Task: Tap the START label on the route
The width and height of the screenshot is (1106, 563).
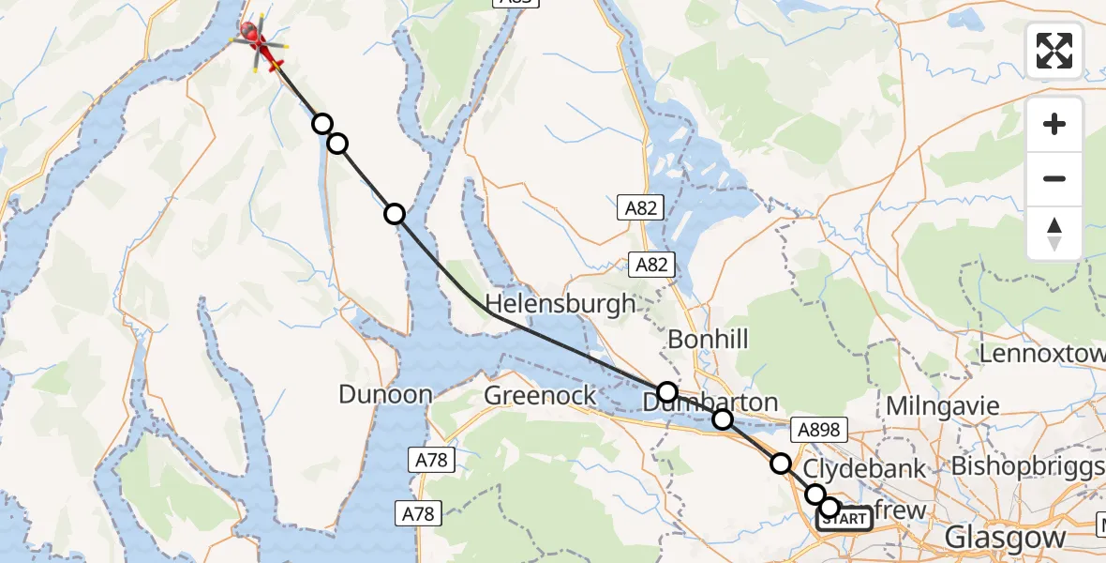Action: [845, 519]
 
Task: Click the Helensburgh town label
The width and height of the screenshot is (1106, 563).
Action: [560, 304]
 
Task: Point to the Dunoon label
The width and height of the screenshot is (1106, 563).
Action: [385, 394]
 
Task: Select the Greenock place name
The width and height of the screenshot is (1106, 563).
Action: [540, 396]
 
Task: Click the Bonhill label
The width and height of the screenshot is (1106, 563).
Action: [708, 339]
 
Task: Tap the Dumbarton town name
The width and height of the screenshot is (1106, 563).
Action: [697, 403]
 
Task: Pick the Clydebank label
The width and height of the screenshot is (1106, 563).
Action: [852, 468]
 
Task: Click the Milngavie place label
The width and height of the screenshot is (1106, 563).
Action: [942, 407]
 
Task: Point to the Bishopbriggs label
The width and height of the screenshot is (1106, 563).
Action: [1027, 466]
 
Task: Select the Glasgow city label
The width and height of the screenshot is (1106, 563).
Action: [1005, 538]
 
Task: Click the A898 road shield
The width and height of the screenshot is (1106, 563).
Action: [819, 430]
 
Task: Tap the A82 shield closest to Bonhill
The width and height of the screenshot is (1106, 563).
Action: [651, 265]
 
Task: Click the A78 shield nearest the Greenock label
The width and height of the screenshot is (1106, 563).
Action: [429, 460]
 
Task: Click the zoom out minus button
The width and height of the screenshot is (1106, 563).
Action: [1054, 178]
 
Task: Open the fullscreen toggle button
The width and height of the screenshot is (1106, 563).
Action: [1054, 51]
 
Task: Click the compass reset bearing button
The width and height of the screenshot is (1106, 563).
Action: [1054, 233]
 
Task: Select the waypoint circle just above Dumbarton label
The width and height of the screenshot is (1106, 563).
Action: [666, 391]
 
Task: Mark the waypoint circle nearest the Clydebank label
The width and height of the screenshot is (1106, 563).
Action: [780, 463]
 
